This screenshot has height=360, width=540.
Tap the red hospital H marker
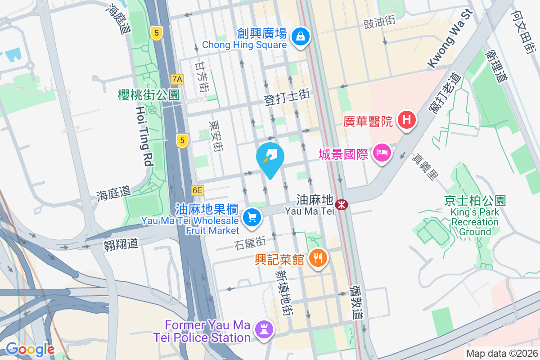407,120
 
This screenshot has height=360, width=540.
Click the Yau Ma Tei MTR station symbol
342,205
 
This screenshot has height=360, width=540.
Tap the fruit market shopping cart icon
252,218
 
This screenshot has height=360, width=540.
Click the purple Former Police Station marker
264,329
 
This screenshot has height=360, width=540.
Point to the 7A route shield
177,79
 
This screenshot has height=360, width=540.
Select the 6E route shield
197,190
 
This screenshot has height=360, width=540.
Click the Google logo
30,349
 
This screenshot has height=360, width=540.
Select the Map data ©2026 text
501,354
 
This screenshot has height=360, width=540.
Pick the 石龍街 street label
250,243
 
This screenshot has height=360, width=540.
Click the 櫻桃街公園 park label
148,95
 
